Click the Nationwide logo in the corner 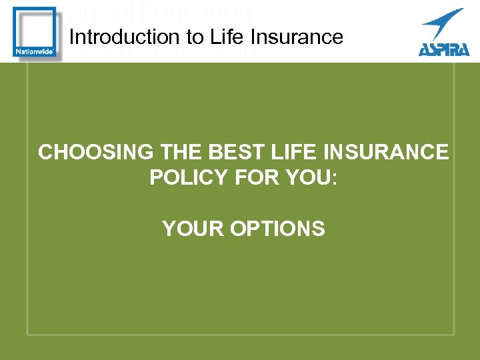click(33, 31)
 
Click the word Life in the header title click(221, 37)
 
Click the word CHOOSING click(95, 152)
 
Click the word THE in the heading click(181, 152)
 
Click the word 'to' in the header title click(185, 37)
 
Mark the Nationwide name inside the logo click(33, 51)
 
